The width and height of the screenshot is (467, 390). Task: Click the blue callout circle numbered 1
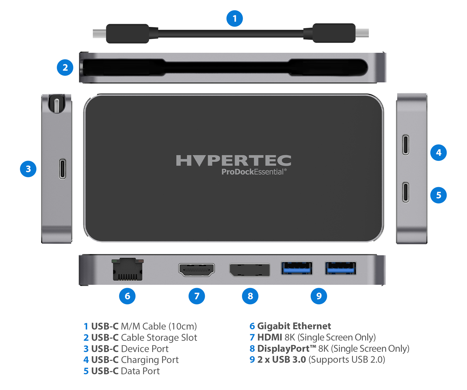[235, 18]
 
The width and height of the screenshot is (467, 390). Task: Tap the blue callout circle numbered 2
[65, 67]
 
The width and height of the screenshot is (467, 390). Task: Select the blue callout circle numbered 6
[127, 296]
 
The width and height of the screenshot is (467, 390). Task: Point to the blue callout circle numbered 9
[319, 296]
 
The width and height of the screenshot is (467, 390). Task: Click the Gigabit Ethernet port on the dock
[127, 269]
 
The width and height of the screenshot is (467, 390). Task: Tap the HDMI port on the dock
[197, 270]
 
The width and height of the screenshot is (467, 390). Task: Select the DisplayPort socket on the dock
[250, 270]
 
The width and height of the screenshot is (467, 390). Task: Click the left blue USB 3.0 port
[297, 268]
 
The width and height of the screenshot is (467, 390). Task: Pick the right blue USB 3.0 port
[341, 268]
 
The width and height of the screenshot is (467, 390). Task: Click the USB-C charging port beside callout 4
[406, 145]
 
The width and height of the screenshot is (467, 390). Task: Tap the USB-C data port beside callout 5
[406, 192]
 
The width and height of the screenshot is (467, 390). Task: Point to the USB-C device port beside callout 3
[63, 169]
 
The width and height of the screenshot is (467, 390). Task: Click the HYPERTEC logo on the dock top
[234, 161]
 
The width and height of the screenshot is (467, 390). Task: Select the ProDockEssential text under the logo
[254, 172]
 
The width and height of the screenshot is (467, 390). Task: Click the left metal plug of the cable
[99, 33]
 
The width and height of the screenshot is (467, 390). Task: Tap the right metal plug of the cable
[362, 33]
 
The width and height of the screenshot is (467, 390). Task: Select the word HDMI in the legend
[270, 337]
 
